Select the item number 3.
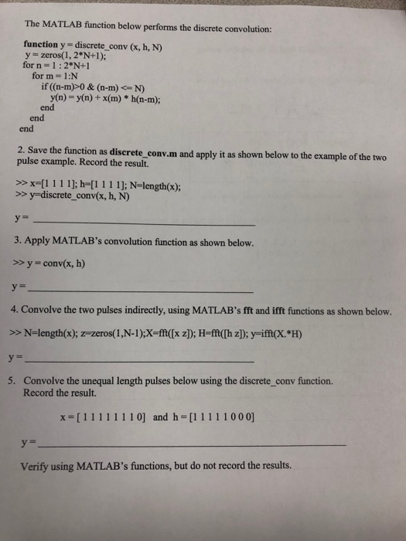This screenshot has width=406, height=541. (x=18, y=241)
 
